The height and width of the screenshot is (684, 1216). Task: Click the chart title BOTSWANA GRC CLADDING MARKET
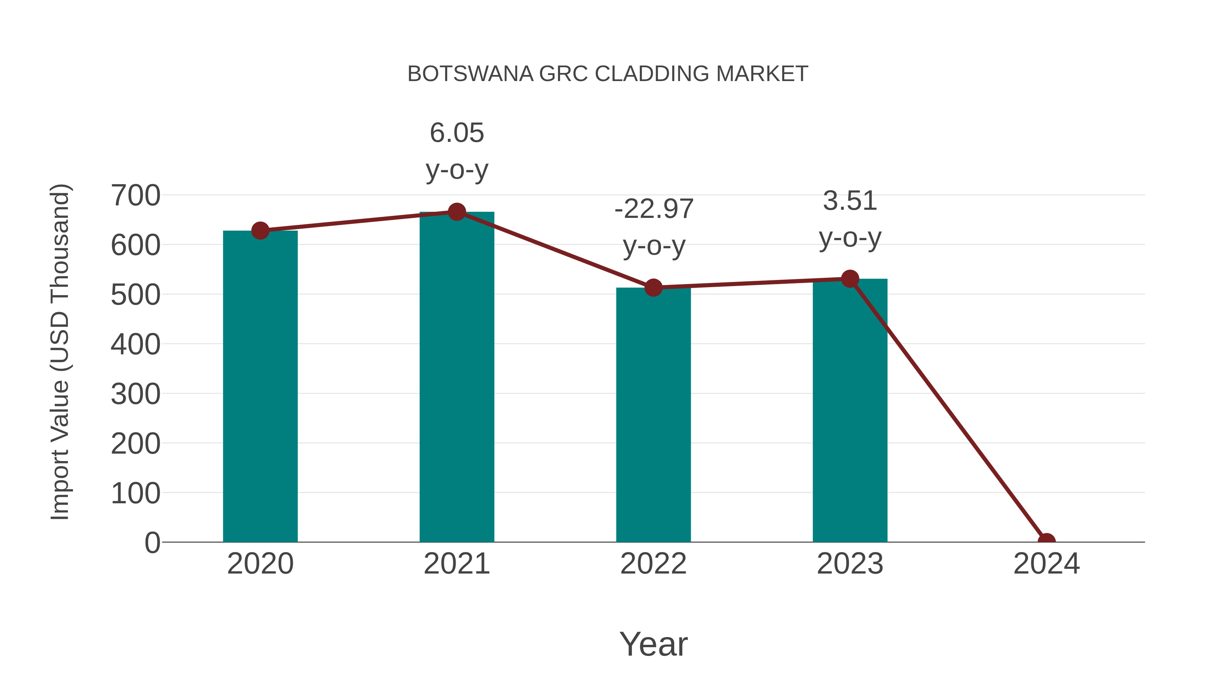pyautogui.click(x=608, y=74)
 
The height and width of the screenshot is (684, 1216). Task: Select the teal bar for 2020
pyautogui.click(x=260, y=387)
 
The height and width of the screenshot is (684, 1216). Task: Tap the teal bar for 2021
pyautogui.click(x=456, y=378)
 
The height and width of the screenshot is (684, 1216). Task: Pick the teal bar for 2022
pyautogui.click(x=653, y=415)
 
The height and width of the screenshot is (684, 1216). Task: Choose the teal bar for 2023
pyautogui.click(x=850, y=411)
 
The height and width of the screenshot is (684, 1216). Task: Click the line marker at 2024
pyautogui.click(x=1046, y=541)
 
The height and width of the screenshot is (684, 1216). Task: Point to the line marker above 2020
pyautogui.click(x=260, y=231)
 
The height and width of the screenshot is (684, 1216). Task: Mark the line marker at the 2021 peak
pyautogui.click(x=456, y=212)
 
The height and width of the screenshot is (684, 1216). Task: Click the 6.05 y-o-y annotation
pyautogui.click(x=456, y=151)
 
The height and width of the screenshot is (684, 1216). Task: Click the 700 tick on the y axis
pyautogui.click(x=135, y=196)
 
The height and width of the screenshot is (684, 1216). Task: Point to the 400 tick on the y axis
pyautogui.click(x=135, y=344)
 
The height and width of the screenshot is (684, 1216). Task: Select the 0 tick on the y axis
pyautogui.click(x=152, y=542)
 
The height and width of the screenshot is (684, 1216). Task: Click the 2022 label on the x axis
pyautogui.click(x=653, y=564)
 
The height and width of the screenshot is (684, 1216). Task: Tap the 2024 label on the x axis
pyautogui.click(x=1046, y=564)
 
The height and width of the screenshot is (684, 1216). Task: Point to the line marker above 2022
pyautogui.click(x=653, y=287)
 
